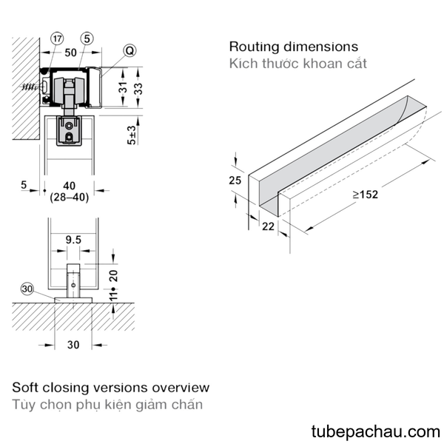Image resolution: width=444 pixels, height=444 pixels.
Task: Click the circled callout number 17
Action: (57, 38)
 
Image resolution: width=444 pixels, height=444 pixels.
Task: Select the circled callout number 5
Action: (87, 38)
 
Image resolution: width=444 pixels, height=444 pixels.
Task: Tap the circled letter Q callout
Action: (129, 50)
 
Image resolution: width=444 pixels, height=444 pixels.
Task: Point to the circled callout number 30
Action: (27, 289)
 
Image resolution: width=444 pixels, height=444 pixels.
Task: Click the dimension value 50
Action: (70, 53)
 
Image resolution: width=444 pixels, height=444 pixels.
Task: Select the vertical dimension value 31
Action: (123, 88)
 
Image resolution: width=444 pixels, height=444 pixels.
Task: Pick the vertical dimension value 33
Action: (138, 89)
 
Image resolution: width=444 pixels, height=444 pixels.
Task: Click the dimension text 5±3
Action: (132, 135)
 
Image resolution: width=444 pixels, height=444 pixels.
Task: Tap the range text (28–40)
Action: (70, 197)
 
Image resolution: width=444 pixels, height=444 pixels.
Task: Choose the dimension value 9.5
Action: (73, 240)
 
